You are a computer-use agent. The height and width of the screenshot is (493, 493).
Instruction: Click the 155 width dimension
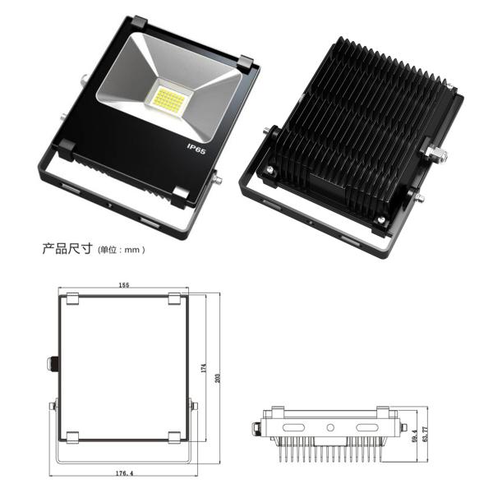click(122, 284)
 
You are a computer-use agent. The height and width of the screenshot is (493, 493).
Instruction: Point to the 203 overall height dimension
click(217, 377)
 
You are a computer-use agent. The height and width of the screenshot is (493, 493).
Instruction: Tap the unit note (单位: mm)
click(122, 249)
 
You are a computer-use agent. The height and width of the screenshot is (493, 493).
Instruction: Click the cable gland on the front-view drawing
click(51, 362)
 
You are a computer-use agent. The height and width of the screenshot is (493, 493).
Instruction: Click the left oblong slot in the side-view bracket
click(293, 428)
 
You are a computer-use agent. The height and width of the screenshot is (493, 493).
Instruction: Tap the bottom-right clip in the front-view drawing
click(173, 435)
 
